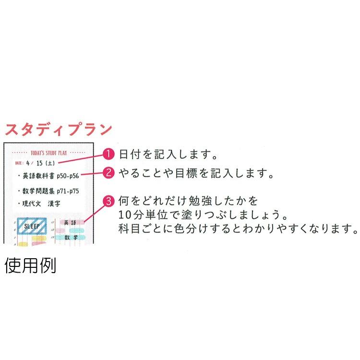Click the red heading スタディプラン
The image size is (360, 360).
[58, 130]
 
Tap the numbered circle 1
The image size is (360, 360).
[109, 154]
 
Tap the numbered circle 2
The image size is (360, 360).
[109, 173]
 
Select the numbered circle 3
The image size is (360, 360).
[109, 199]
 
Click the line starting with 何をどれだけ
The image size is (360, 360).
[190, 200]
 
